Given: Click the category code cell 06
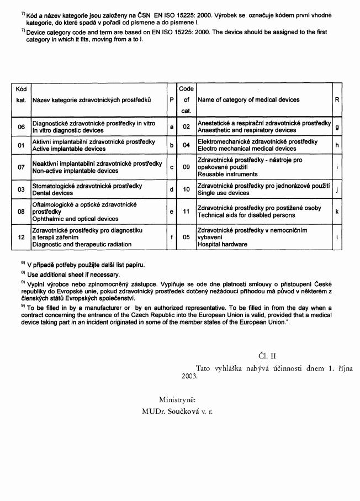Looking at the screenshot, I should [21, 127].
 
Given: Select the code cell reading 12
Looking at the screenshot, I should [21, 237].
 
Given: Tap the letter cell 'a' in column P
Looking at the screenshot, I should [172, 127].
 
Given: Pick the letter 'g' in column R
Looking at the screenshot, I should [337, 127].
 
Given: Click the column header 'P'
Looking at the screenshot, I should [172, 100].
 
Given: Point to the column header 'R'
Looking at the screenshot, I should [337, 100].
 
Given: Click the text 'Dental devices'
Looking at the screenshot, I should [52, 193].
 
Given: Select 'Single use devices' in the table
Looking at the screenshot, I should [223, 193].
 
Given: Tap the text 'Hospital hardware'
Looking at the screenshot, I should [223, 244].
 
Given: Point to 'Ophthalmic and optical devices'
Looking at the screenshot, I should [75, 219].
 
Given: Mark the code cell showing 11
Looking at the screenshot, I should [187, 211].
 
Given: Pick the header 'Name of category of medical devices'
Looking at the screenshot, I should [248, 100].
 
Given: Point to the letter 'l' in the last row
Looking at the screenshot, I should [337, 237].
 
